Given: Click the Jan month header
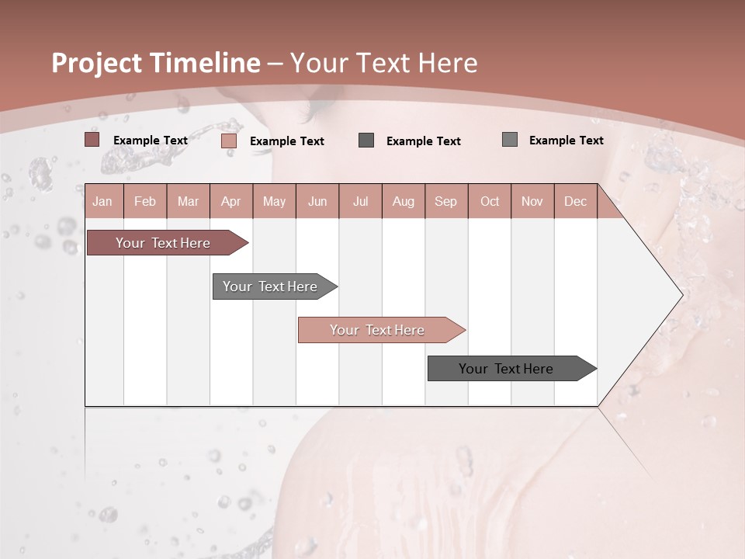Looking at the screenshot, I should pyautogui.click(x=102, y=201).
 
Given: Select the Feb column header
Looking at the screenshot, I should pyautogui.click(x=145, y=201).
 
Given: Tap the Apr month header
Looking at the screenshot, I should pyautogui.click(x=230, y=201).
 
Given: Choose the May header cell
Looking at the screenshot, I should pyautogui.click(x=274, y=201).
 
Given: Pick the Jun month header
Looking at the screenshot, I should pyautogui.click(x=317, y=201).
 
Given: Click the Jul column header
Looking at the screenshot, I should pyautogui.click(x=360, y=201).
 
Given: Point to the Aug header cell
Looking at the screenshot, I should pyautogui.click(x=404, y=201).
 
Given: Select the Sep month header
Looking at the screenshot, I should pyautogui.click(x=446, y=201).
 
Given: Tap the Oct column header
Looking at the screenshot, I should pyautogui.click(x=490, y=201).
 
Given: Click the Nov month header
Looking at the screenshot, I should pyautogui.click(x=532, y=201).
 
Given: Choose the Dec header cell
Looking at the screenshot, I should pyautogui.click(x=576, y=201).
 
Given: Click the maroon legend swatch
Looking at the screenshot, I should pyautogui.click(x=92, y=140).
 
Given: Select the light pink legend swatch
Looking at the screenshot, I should pyautogui.click(x=228, y=141).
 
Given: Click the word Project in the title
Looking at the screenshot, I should pyautogui.click(x=97, y=63).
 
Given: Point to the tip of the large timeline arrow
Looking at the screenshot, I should pyautogui.click(x=681, y=295).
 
